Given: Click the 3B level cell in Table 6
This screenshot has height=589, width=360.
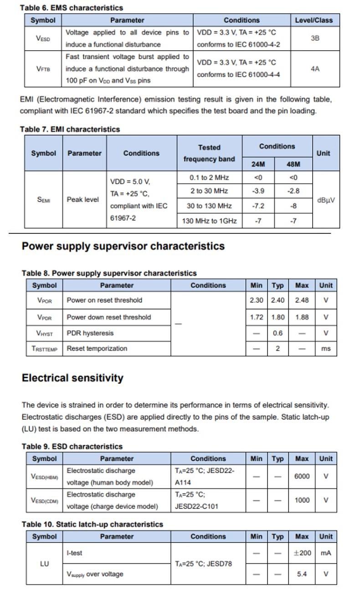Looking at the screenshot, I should [315, 38].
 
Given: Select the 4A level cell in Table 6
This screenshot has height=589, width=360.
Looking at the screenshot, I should [315, 69].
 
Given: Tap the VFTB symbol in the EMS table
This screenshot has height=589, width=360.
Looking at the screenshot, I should [43, 69].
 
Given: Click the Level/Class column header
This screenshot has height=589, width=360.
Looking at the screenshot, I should [314, 20].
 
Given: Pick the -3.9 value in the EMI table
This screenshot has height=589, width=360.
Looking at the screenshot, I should [258, 191].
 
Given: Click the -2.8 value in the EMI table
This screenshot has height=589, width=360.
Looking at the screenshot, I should [293, 191].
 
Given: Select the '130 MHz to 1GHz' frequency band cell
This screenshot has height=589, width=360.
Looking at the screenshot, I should [209, 221].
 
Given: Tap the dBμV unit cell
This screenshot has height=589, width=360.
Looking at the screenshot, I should [326, 200].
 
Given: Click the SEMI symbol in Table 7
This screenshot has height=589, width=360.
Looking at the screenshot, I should [43, 199].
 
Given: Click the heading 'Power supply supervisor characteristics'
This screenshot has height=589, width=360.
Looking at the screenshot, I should [123, 246].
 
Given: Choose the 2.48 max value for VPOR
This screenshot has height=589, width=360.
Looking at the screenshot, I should [302, 300].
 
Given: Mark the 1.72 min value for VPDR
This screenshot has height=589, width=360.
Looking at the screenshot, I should [257, 317].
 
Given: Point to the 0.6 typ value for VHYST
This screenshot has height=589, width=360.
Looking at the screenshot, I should [278, 333].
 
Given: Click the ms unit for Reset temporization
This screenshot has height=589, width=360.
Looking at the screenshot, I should [326, 349].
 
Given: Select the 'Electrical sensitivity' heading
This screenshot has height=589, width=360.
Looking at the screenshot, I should [72, 378].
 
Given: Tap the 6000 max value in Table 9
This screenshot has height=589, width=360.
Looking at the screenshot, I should [302, 476].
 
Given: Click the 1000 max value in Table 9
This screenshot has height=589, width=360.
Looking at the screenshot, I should [302, 500].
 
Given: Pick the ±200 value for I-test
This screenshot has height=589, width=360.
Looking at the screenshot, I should [302, 553].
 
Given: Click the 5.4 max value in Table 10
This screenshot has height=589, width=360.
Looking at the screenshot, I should [302, 574].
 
